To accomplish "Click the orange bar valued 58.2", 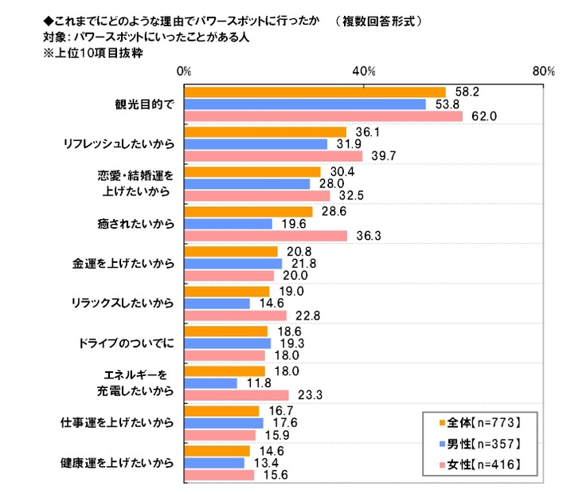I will pos(315,92).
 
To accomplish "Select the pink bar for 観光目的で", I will pos(323,117).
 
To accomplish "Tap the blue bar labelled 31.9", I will pos(256,144).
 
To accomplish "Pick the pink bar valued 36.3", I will pos(266,236).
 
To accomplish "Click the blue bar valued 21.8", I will pos(233,264).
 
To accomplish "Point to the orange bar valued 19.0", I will pos(227,292).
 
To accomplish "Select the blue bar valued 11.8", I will pos(211,383).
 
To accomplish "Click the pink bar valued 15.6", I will pos(219,475).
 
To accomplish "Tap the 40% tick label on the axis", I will pos(364,72).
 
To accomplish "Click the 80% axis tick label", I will pos(544,72).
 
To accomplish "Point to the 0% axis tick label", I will pos(184,72).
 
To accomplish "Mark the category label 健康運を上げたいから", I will pos(117,463).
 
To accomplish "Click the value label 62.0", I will pos(484,117).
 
